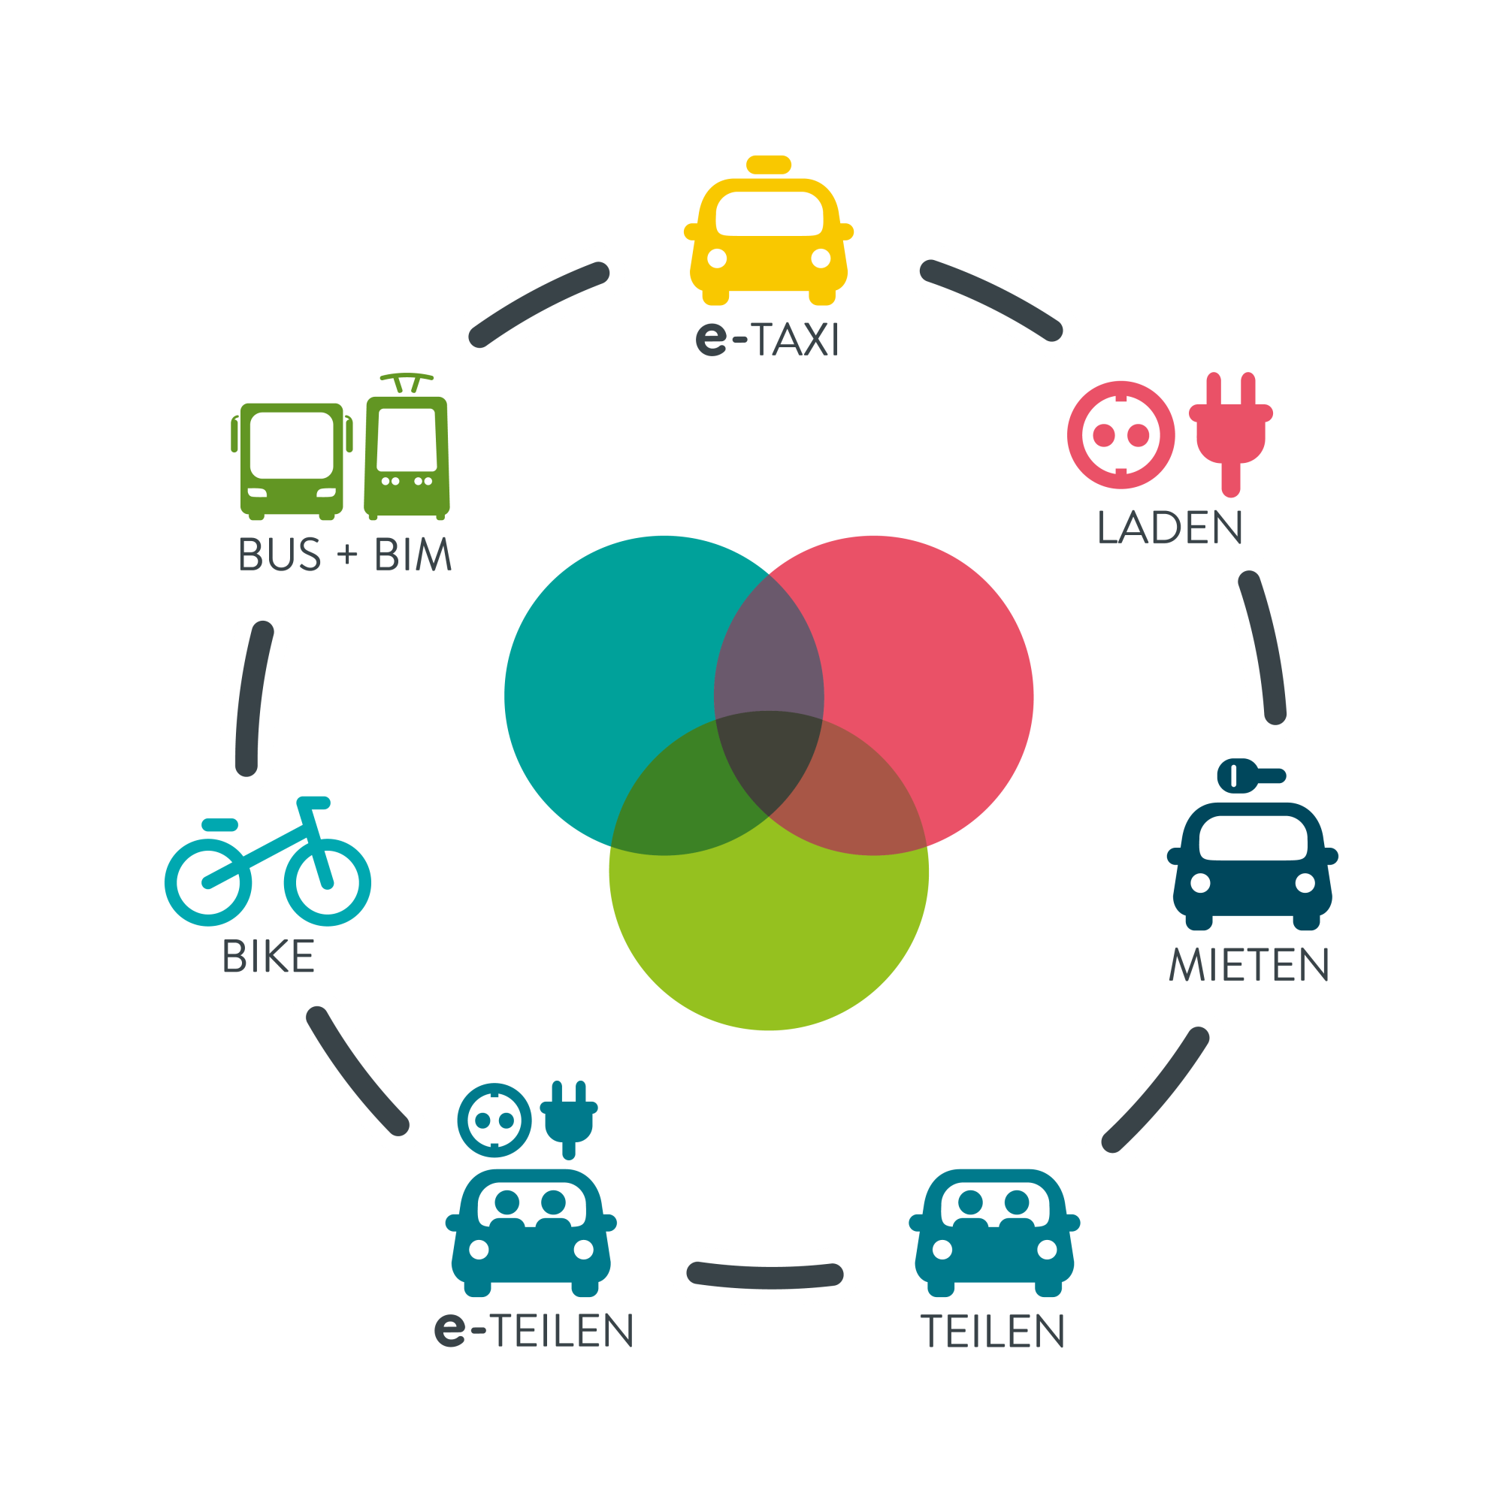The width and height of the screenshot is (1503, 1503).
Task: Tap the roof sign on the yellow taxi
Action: point(768,165)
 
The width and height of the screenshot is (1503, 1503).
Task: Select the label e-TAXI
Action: point(767,340)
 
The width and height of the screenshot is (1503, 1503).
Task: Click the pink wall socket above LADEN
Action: point(1120,434)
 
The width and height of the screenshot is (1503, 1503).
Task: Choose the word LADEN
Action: point(1169,528)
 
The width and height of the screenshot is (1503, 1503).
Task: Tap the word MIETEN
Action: point(1248,966)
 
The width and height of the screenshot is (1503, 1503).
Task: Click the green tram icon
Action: point(407,455)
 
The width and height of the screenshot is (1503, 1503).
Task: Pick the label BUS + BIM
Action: point(345,555)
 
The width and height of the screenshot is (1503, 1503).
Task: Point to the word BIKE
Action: point(268,957)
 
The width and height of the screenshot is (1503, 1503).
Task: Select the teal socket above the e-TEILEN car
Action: point(494,1120)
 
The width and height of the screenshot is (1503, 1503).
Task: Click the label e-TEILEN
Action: point(534,1330)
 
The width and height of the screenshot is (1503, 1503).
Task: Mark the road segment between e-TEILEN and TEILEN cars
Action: point(765,1275)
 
